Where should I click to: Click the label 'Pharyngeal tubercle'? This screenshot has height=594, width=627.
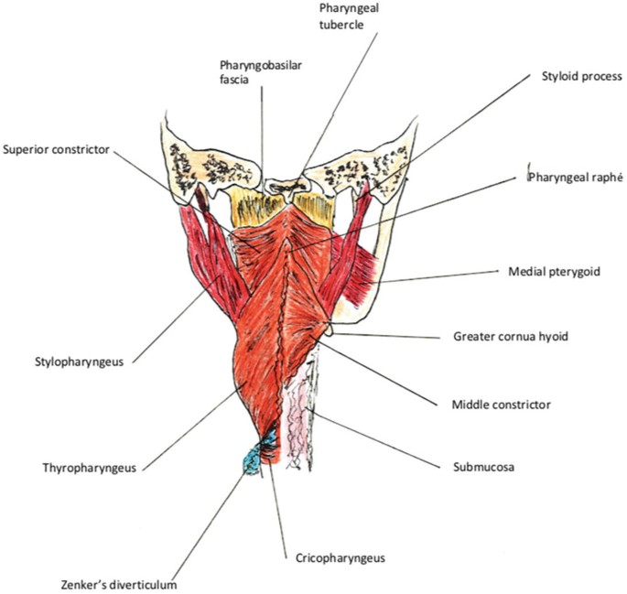341,16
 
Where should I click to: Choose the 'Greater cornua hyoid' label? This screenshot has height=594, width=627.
511,337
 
